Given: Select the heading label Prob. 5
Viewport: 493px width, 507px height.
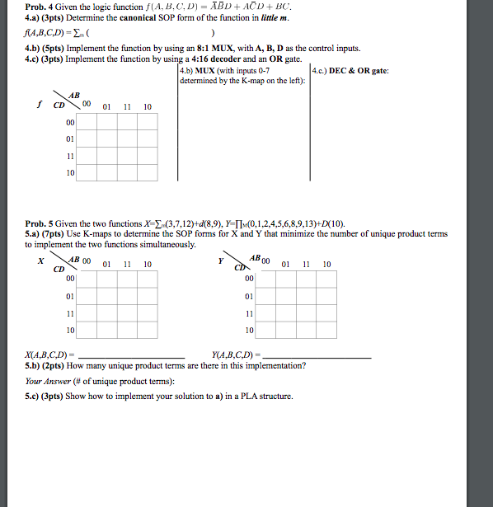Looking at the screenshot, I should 39,223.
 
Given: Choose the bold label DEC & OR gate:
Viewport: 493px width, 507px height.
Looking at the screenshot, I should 359,71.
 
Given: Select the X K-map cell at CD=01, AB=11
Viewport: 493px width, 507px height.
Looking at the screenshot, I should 126,294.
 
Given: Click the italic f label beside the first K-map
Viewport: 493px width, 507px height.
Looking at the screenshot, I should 39,105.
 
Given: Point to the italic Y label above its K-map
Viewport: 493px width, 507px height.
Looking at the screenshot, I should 220,261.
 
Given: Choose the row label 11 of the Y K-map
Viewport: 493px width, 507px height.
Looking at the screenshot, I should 250,313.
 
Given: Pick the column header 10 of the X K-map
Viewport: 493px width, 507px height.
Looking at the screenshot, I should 146,265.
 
